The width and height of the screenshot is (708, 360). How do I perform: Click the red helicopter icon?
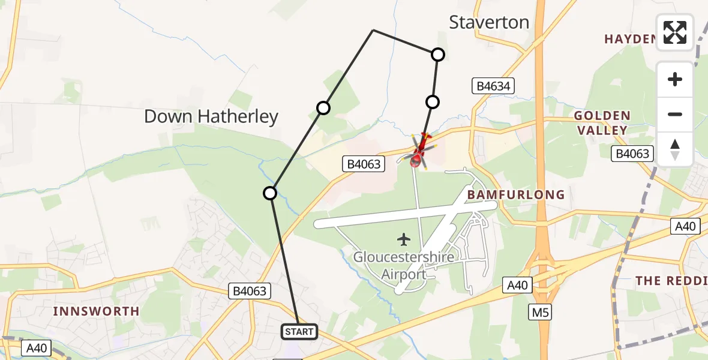(x=419, y=152)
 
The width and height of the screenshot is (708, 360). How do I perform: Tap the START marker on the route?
(x=299, y=331)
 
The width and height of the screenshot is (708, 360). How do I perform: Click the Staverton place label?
(x=489, y=23)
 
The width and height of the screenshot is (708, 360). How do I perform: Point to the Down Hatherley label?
(x=211, y=116)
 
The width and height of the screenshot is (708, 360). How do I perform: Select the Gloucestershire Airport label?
(x=404, y=265)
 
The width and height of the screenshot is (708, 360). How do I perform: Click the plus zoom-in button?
(x=675, y=79)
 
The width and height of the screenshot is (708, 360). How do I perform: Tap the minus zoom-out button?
(x=675, y=114)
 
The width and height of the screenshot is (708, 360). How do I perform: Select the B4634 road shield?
(x=493, y=86)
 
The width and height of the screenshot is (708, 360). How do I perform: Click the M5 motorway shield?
(x=541, y=312)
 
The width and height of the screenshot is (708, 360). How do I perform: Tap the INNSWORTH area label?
(x=96, y=311)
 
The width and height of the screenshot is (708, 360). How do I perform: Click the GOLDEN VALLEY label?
(x=602, y=122)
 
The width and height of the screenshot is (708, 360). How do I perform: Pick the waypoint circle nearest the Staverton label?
(x=438, y=55)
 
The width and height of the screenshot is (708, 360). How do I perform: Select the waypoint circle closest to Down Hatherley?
(x=323, y=108)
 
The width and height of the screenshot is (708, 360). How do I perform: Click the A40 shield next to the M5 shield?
(x=517, y=284)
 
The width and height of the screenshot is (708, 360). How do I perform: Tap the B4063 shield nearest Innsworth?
(x=250, y=292)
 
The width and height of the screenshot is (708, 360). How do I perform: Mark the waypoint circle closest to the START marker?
(x=270, y=193)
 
